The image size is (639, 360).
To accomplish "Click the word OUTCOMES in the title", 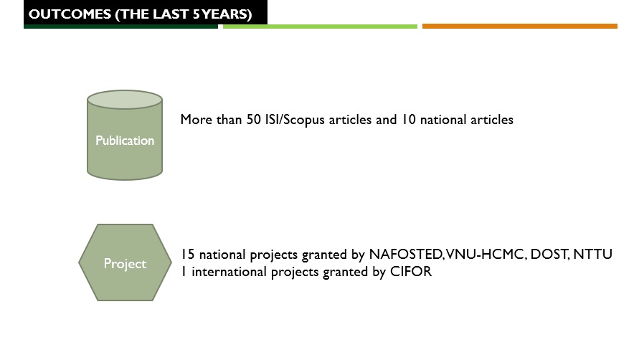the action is click(70, 14).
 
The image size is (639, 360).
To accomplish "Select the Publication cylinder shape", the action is click(125, 135).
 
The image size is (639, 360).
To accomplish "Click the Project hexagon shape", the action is click(125, 262).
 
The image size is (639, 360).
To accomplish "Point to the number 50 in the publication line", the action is click(253, 120).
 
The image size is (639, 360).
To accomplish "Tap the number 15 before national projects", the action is click(187, 254).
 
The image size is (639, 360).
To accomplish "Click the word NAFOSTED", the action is click(405, 254).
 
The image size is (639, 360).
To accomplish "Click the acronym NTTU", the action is click(592, 254).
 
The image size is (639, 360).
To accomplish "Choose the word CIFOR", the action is click(411, 272).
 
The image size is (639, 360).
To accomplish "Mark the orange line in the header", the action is click(520, 26).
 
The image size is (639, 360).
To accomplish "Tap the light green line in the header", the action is click(320, 27).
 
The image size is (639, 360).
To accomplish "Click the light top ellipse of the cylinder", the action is click(125, 100).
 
